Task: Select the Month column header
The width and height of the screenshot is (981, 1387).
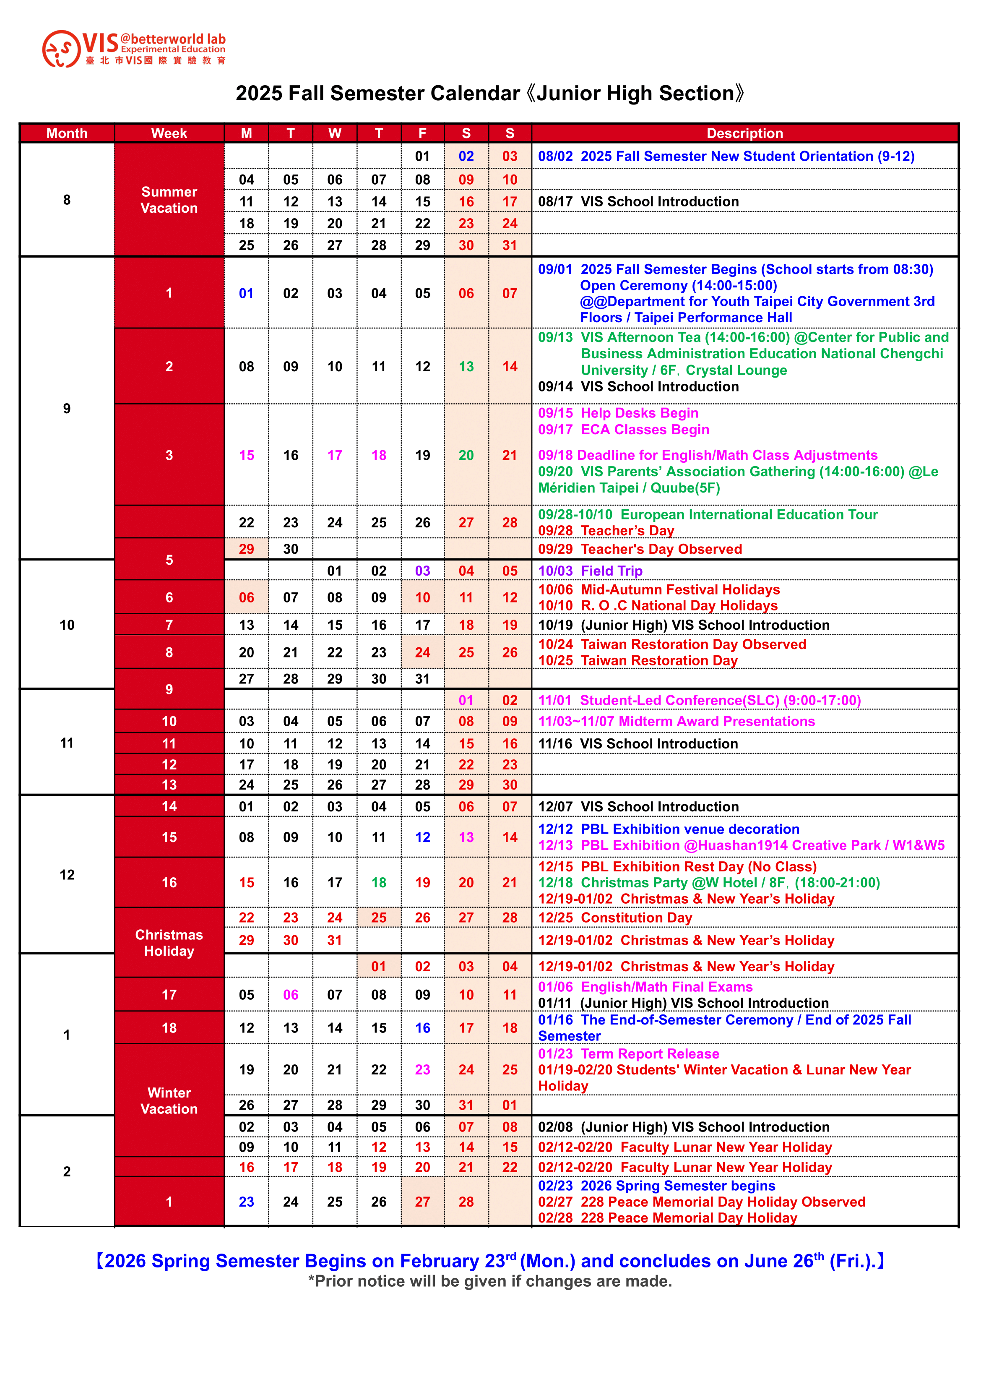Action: coord(67,133)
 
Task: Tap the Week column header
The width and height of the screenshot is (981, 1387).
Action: coord(169,133)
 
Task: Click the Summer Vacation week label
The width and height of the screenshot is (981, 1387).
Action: coord(169,200)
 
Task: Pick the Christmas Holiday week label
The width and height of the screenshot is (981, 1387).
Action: coord(169,942)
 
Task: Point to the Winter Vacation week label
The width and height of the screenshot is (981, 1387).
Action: coord(169,1100)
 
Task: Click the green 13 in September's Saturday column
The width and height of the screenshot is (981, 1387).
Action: coord(466,367)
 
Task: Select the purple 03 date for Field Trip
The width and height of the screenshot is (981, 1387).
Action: coord(422,571)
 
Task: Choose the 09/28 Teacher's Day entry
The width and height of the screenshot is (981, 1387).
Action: coord(606,530)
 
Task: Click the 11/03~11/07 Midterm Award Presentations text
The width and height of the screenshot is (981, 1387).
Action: coord(676,721)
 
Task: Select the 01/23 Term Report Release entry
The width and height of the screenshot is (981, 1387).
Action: coord(628,1053)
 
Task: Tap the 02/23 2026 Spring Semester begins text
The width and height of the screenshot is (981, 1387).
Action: coord(657,1186)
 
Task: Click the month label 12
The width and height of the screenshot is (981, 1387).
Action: coord(67,875)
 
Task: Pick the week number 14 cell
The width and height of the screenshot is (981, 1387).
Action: coord(169,806)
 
